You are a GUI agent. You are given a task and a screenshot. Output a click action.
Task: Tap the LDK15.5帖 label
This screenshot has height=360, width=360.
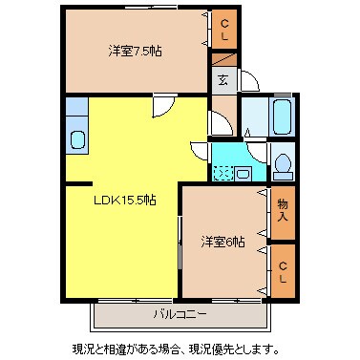(125, 200)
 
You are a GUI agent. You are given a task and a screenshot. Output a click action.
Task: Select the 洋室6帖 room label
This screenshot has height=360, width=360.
(222, 242)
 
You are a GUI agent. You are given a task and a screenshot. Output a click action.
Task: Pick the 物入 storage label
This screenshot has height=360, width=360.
(283, 211)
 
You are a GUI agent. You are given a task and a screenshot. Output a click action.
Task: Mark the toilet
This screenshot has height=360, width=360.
(283, 163)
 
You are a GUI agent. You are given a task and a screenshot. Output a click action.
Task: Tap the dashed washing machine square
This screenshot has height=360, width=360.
(223, 173)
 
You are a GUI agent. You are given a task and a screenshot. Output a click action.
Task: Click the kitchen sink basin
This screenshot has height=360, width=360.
(77, 140)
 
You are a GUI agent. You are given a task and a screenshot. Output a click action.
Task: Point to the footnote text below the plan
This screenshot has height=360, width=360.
(180, 348)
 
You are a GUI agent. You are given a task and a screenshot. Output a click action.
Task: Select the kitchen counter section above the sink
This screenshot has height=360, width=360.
(76, 114)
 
